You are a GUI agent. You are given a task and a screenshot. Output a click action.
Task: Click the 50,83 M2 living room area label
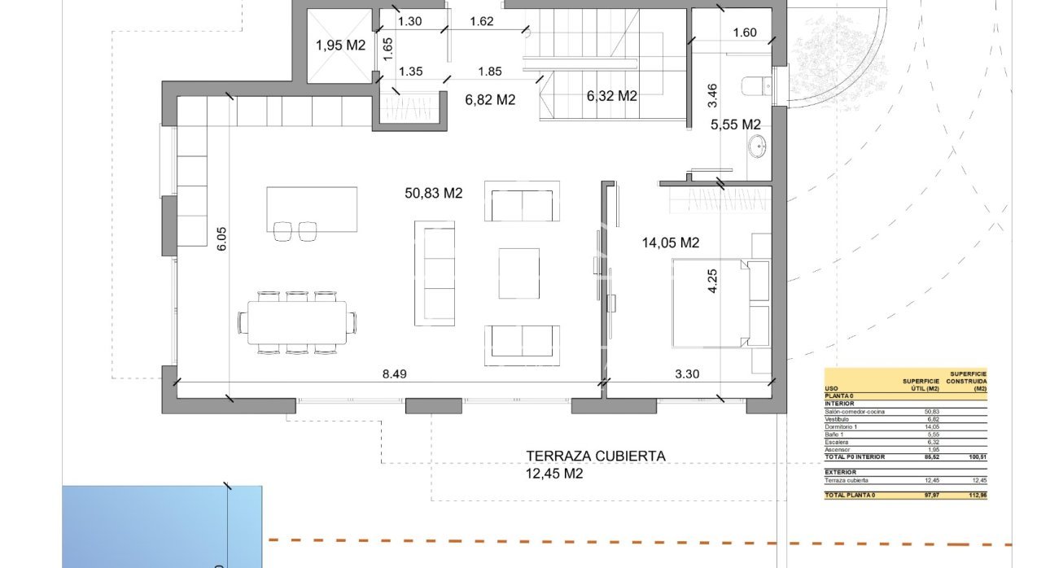(433, 193)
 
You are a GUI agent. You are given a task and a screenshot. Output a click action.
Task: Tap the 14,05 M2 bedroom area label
(671, 242)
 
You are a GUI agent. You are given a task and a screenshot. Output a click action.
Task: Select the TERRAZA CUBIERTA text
(595, 457)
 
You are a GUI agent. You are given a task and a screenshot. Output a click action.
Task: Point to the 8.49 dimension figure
(395, 374)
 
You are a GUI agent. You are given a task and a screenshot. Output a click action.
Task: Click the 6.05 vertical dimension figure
(222, 239)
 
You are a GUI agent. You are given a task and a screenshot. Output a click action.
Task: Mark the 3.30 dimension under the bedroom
(688, 374)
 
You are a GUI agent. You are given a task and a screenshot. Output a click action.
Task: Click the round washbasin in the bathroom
(758, 147)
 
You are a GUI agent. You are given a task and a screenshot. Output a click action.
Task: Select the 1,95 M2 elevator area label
(340, 46)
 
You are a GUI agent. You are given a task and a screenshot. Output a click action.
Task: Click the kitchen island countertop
(312, 209)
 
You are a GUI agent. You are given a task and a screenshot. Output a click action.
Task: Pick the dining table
(297, 323)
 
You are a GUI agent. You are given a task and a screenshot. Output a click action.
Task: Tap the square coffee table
(518, 273)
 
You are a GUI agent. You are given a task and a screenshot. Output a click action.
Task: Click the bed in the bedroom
(708, 304)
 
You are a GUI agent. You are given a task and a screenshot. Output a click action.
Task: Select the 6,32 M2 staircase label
(611, 96)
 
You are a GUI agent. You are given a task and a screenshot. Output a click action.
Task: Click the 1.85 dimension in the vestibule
(490, 72)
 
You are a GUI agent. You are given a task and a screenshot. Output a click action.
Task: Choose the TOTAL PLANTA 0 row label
(851, 495)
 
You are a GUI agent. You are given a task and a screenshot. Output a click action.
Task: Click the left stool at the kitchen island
(282, 231)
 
